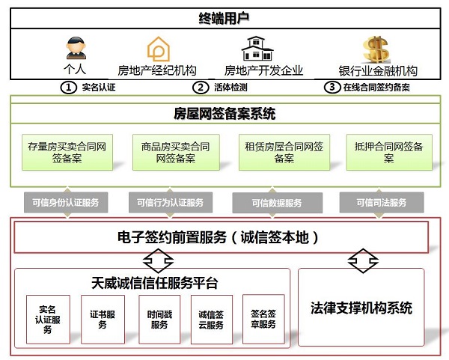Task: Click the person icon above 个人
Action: tap(76, 48)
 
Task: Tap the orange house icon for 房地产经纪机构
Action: tap(159, 49)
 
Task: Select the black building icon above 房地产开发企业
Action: tap(257, 48)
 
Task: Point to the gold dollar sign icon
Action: tap(376, 49)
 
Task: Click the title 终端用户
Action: tap(224, 18)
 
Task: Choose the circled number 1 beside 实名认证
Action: tap(68, 88)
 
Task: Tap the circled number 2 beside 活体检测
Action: tap(201, 88)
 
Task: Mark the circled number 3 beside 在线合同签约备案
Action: tap(332, 87)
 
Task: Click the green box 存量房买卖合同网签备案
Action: tap(67, 153)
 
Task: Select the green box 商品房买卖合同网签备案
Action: tap(176, 153)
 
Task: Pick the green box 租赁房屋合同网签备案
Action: tap(284, 153)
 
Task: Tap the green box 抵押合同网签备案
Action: tap(389, 153)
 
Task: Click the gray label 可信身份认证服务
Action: tap(66, 203)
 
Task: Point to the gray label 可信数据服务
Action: tap(277, 203)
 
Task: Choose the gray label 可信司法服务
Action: tap(382, 203)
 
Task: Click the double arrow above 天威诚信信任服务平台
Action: tap(158, 260)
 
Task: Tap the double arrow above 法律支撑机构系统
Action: tap(363, 260)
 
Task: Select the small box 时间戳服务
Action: tap(159, 320)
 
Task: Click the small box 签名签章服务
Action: tap(263, 319)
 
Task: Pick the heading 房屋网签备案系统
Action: tap(224, 114)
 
